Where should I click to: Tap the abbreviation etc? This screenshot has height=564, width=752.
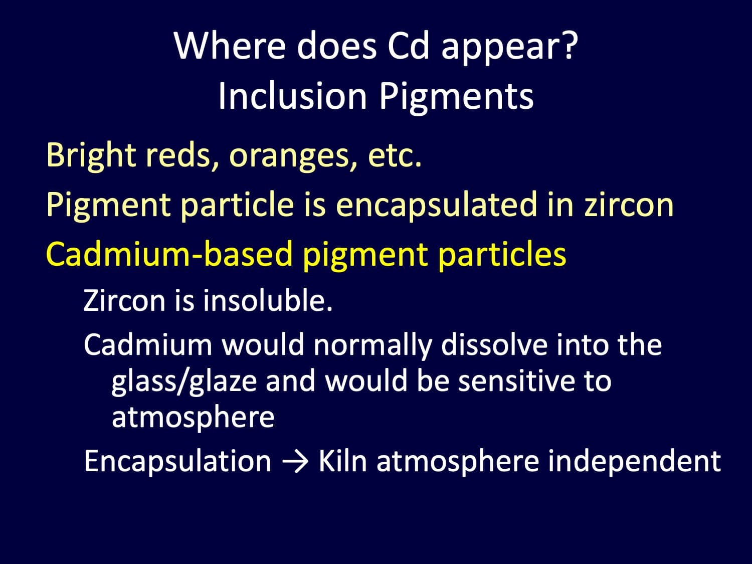(x=395, y=156)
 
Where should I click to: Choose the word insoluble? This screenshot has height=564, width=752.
(x=268, y=300)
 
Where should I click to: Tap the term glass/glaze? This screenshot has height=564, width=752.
(x=184, y=382)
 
